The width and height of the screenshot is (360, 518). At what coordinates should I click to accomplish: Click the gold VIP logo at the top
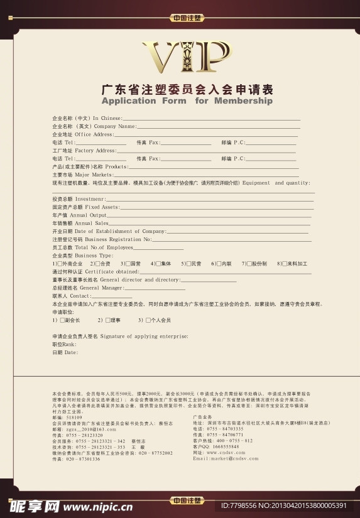(x=187, y=58)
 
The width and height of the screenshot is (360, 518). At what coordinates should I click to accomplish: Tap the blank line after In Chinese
(x=211, y=118)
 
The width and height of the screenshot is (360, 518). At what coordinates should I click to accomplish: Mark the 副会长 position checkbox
(x=62, y=320)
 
